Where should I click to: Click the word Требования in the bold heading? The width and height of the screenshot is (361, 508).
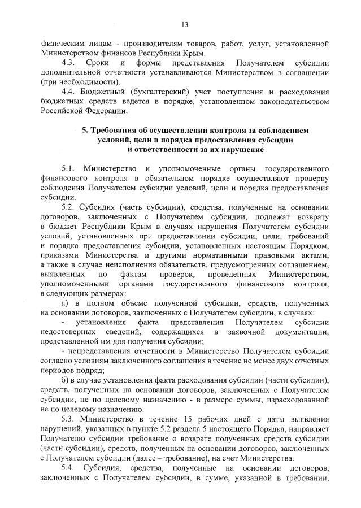click(116, 130)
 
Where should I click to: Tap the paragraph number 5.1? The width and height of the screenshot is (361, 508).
click(68, 169)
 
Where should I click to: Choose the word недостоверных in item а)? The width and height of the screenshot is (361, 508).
click(67, 332)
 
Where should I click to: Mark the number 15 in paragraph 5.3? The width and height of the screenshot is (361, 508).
click(190, 419)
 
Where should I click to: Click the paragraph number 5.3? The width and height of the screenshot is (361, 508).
click(68, 419)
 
